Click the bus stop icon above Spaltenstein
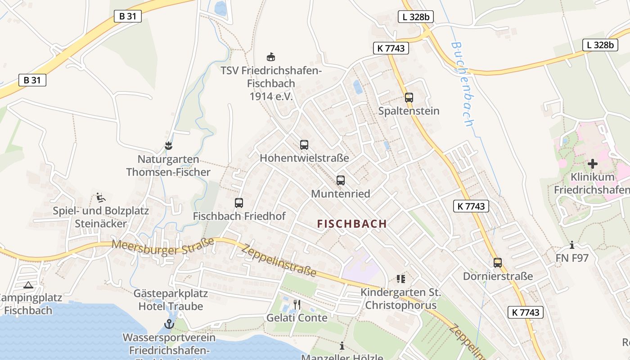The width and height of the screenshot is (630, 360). tap(409, 97)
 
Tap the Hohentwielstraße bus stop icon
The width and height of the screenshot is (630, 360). tap(304, 145)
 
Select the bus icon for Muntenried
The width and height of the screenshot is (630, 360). tap(341, 180)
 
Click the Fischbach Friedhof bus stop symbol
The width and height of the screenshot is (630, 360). tap(239, 203)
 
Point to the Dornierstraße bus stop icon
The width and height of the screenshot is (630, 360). tap(498, 263)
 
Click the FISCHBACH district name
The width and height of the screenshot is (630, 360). tap(352, 224)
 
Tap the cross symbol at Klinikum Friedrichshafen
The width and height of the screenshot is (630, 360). tap(593, 164)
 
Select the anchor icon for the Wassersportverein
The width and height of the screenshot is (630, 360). tap(169, 324)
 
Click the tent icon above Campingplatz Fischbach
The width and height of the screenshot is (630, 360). tap(28, 285)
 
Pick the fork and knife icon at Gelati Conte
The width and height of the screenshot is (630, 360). tap(297, 305)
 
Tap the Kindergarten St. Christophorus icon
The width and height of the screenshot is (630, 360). tap(401, 279)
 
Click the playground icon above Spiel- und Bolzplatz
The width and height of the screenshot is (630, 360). tap(101, 197)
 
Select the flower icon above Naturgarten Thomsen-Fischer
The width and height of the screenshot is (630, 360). tap(169, 146)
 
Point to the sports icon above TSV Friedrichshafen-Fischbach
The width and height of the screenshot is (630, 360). tap(271, 57)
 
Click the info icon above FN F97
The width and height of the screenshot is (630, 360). tap(572, 245)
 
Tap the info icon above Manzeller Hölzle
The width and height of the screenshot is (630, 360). tap(342, 346)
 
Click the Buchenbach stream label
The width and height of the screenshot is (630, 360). tap(463, 84)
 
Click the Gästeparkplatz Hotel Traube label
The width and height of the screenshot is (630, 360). tap(171, 300)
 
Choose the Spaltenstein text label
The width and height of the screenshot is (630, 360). tap(409, 111)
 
